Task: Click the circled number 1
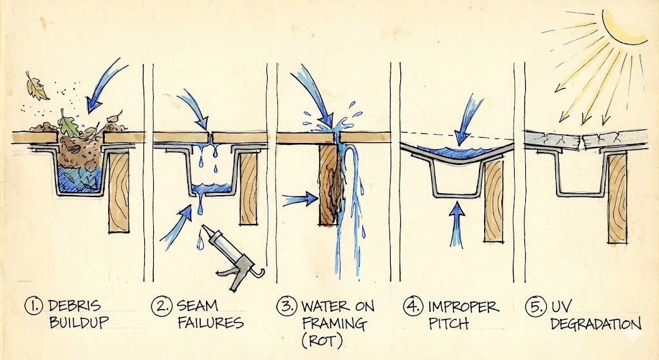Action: pos(35,306)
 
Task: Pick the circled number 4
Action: pos(411,306)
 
